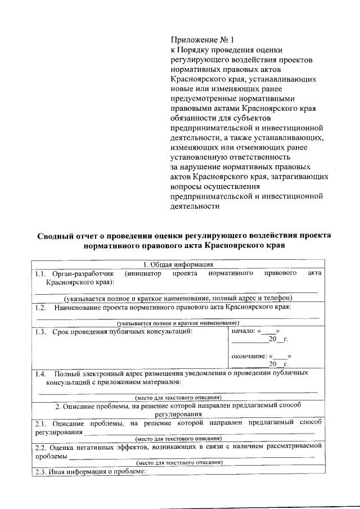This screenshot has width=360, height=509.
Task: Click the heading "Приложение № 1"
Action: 201,40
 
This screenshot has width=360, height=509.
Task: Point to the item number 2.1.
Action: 40,422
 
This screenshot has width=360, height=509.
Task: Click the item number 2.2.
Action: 40,446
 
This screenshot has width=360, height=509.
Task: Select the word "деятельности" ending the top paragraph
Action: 195,206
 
